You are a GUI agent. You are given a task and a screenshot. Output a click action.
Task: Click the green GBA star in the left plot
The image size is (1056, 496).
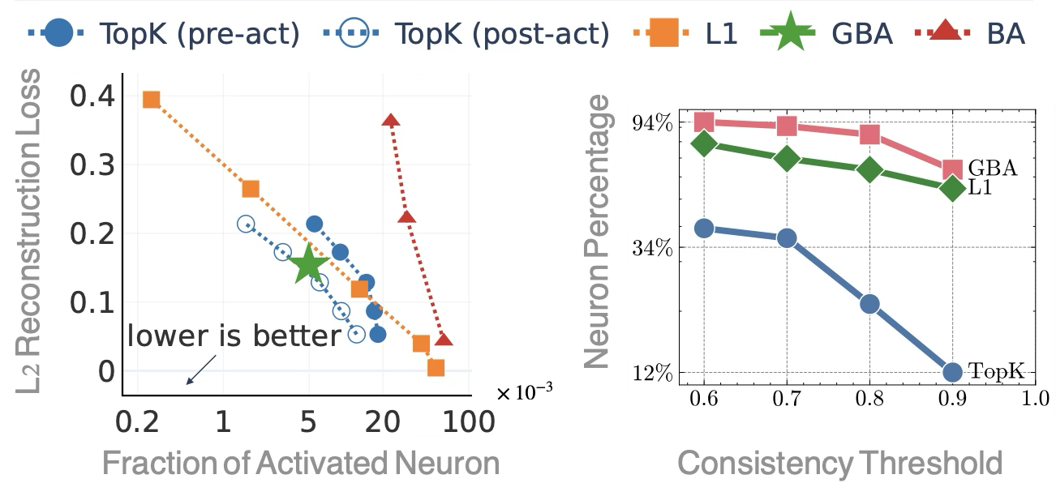click(307, 264)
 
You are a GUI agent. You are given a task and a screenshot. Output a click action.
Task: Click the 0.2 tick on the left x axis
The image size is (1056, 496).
click(140, 422)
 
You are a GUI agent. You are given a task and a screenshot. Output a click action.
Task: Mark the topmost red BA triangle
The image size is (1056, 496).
click(391, 121)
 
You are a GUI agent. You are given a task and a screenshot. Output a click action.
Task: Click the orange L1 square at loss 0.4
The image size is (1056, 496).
click(151, 100)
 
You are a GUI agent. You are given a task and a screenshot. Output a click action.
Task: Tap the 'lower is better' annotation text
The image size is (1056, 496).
click(234, 336)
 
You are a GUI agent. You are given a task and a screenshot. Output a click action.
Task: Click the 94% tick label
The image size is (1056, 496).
click(654, 123)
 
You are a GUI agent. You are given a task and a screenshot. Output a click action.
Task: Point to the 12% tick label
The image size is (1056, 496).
click(654, 373)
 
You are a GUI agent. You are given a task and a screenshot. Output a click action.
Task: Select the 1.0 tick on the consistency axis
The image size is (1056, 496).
click(1034, 398)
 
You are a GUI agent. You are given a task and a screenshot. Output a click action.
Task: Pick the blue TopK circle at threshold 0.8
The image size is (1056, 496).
click(869, 304)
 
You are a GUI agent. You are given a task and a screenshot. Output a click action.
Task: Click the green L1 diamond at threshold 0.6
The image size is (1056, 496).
click(704, 143)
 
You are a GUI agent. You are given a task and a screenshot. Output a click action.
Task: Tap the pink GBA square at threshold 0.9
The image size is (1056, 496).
click(953, 169)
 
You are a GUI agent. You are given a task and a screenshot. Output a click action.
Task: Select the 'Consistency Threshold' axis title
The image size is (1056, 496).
click(839, 463)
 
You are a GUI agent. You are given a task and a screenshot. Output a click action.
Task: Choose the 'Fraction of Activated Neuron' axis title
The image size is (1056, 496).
click(300, 463)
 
